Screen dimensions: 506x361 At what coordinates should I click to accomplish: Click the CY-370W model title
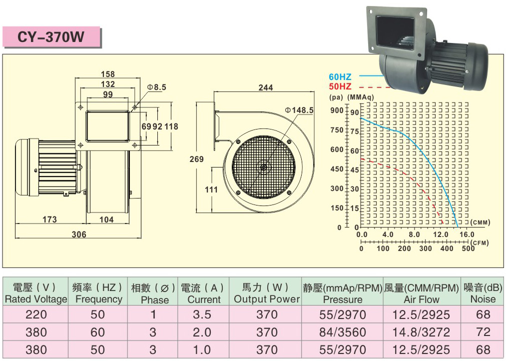pos(50,37)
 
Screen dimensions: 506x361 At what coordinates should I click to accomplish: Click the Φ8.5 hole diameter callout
pos(156,87)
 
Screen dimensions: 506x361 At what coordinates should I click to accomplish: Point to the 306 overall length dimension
pos(79,234)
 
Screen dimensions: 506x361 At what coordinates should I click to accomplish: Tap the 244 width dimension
pos(266,87)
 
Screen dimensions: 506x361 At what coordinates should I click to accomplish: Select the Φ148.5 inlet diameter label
pos(299,110)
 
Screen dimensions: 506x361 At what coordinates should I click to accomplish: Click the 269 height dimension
pos(196,159)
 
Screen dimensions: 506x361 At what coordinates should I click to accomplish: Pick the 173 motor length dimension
pos(49,219)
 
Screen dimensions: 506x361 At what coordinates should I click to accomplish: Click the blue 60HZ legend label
pos(340,77)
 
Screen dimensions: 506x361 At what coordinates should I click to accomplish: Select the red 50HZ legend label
pos(340,86)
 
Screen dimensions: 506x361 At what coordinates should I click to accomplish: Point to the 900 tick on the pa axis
pos(337,110)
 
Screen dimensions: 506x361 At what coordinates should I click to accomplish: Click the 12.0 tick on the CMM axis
pos(441,234)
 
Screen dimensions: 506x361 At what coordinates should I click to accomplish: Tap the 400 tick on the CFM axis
pos(447,248)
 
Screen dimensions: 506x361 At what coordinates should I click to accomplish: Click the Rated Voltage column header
pos(36,299)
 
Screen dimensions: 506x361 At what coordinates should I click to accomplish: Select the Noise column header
pos(483,299)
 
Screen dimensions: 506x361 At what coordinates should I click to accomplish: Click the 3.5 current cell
pos(202,314)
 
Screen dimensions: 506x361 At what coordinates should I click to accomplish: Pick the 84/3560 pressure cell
pos(343,332)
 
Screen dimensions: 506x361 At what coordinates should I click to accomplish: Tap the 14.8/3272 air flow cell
pos(421,332)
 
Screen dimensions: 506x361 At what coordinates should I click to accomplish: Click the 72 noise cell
pos(483,332)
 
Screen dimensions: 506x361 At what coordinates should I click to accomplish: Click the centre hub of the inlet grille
pos(264,167)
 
